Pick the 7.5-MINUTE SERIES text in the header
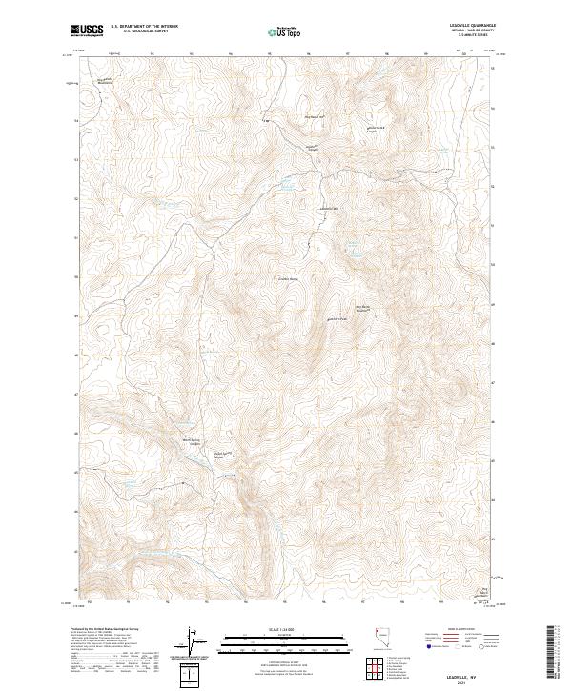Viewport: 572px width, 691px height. point(476,37)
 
